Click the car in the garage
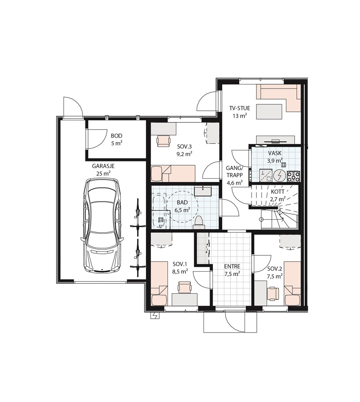[102, 225]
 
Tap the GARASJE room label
[103, 166]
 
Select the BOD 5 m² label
[117, 139]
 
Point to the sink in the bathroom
[203, 191]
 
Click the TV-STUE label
[239, 108]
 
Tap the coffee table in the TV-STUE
[269, 112]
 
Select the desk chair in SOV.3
[164, 141]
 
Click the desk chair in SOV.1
[184, 287]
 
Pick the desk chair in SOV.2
[273, 294]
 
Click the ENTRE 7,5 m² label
[232, 270]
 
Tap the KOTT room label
[278, 192]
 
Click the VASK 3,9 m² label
[275, 157]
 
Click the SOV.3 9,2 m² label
[184, 150]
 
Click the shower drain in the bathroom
[161, 219]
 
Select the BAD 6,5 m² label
[182, 206]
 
